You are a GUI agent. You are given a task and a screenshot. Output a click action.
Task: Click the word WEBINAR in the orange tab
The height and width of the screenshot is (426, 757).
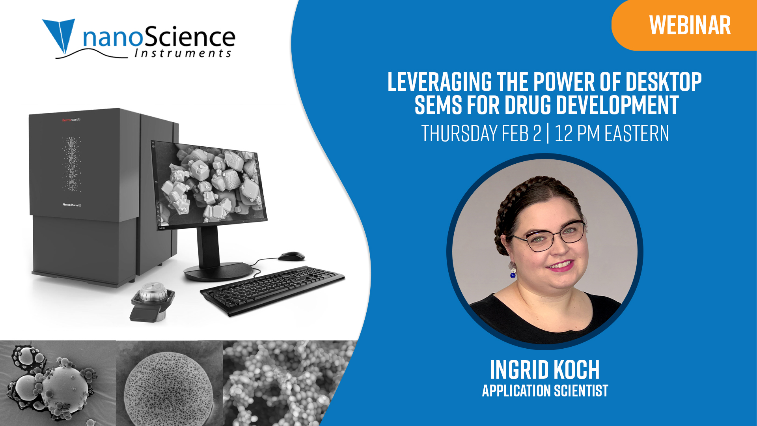pyautogui.click(x=690, y=26)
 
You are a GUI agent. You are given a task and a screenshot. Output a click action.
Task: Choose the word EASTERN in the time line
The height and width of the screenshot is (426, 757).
pyautogui.click(x=637, y=133)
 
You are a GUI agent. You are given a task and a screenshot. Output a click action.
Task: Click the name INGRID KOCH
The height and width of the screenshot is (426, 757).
pyautogui.click(x=544, y=370)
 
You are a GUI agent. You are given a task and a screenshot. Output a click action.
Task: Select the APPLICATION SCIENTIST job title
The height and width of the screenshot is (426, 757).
pyautogui.click(x=545, y=391)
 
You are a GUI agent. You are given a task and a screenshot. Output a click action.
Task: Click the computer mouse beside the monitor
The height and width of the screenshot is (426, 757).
pyautogui.click(x=291, y=256)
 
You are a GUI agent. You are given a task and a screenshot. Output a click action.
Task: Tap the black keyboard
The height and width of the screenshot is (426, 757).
pyautogui.click(x=272, y=290)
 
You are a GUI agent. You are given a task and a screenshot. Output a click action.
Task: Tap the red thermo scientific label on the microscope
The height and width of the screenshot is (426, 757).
pyautogui.click(x=71, y=120)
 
